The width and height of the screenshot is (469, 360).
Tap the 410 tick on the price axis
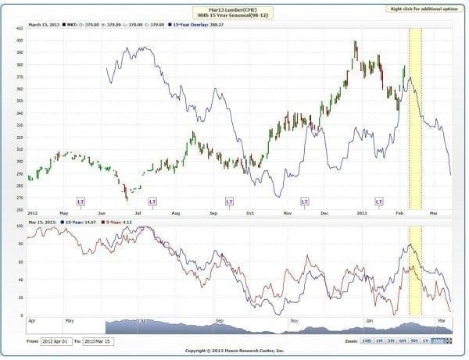tap(18, 28)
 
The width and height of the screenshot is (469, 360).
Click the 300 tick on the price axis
tap(18, 161)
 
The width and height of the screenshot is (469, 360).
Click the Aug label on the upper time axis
tap(177, 212)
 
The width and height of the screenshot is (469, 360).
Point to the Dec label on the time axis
tap(324, 212)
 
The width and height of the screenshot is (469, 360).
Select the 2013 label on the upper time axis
tap(361, 212)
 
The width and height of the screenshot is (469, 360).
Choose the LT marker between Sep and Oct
tap(230, 201)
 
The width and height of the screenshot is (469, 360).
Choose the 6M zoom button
tap(403, 341)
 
